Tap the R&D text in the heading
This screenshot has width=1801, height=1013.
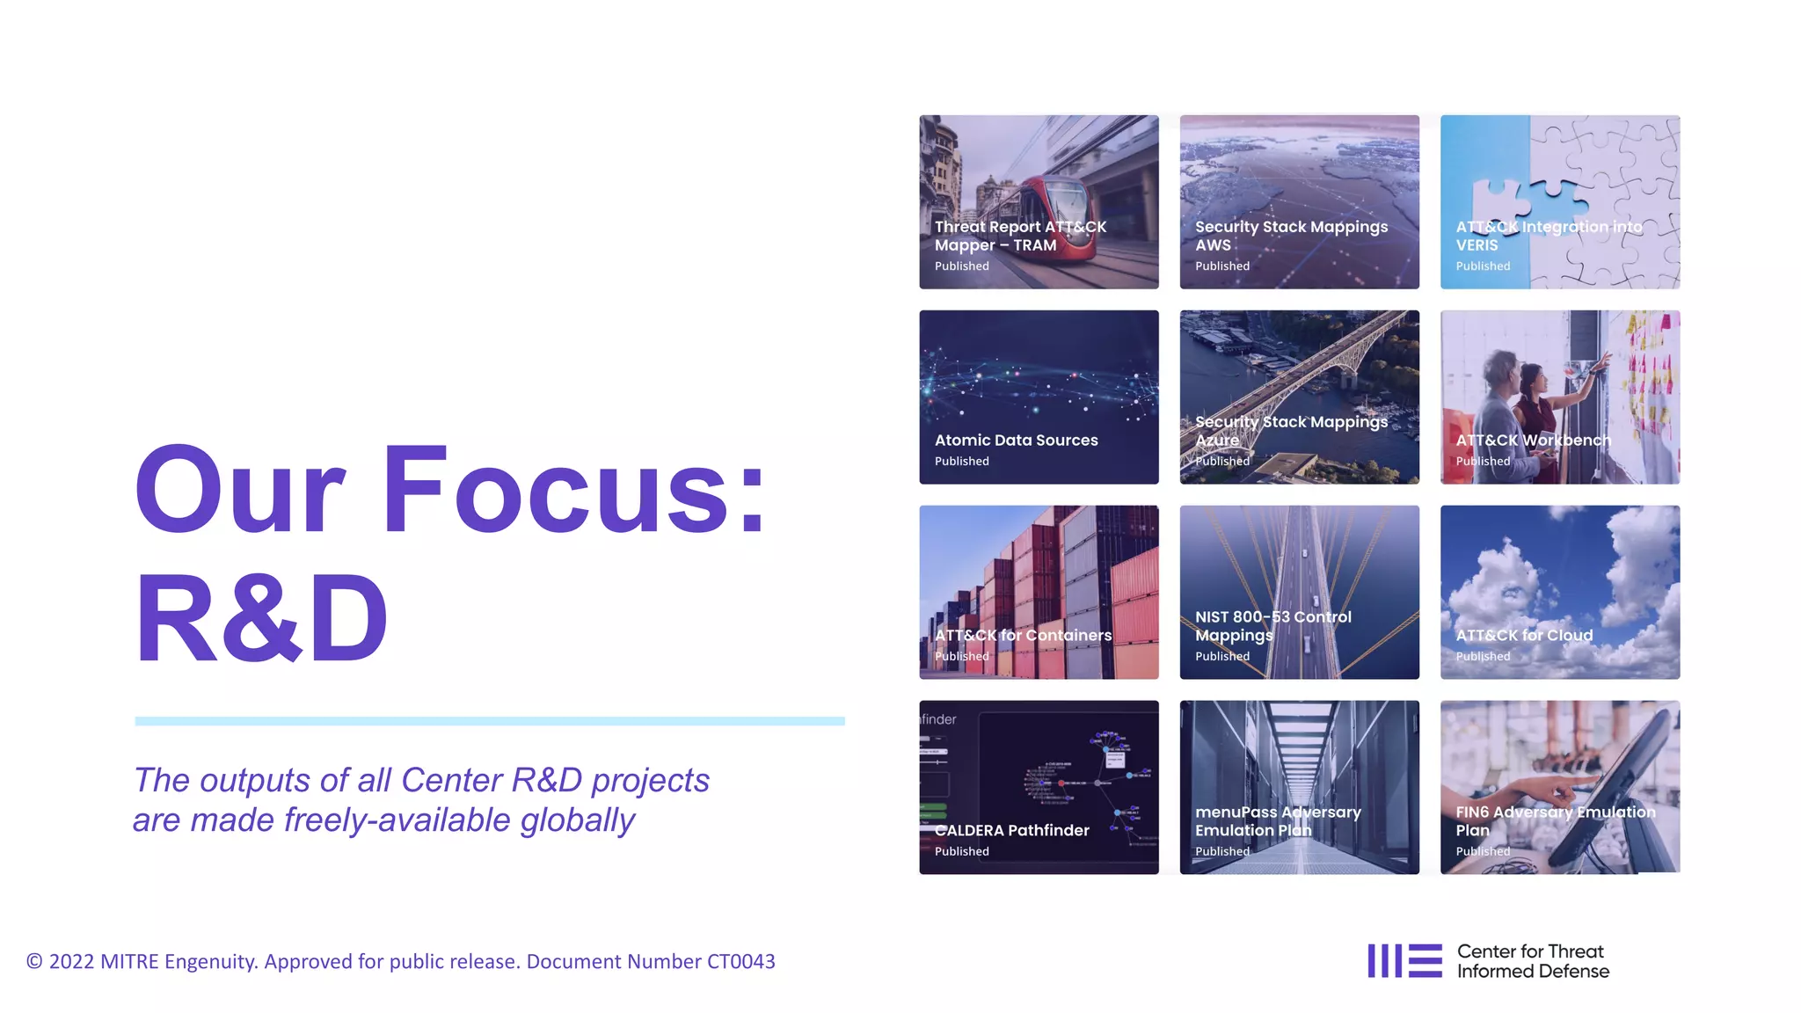[261, 618]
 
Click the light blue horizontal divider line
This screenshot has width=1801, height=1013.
[489, 721]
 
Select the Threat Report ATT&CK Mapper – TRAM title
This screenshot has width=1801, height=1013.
[1020, 236]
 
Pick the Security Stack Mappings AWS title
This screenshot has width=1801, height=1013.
[1290, 236]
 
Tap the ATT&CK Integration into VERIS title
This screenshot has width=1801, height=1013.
[1548, 236]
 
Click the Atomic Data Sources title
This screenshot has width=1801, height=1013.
[1016, 440]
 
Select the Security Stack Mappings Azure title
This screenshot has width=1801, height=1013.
[1290, 431]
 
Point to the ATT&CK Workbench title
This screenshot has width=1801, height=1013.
[1533, 440]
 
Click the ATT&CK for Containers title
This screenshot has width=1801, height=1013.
[1023, 635]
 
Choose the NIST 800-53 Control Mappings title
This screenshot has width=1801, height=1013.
[1272, 626]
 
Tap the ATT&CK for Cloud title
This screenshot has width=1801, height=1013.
[1523, 635]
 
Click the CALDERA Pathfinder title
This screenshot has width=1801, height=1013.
[1011, 830]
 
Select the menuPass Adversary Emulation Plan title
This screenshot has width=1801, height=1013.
[1277, 821]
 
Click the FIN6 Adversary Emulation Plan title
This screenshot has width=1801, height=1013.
[1555, 821]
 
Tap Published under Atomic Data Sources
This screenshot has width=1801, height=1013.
[961, 461]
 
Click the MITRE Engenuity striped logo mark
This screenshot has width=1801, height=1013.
[1404, 960]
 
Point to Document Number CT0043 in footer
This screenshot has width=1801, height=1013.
[651, 961]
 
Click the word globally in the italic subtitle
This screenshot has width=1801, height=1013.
[577, 820]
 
